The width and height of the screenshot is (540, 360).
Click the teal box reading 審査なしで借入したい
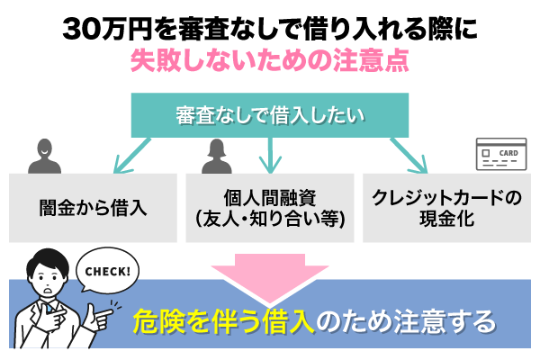[x=269, y=114]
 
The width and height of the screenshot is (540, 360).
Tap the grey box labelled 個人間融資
[x=269, y=207]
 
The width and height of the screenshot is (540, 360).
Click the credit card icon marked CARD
[x=499, y=156]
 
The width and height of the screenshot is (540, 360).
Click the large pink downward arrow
[x=269, y=274]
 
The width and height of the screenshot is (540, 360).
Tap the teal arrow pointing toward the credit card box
[x=409, y=153]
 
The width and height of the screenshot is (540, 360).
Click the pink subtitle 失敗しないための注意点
[x=269, y=62]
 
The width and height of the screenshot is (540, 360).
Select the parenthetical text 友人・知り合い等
[x=269, y=218]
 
